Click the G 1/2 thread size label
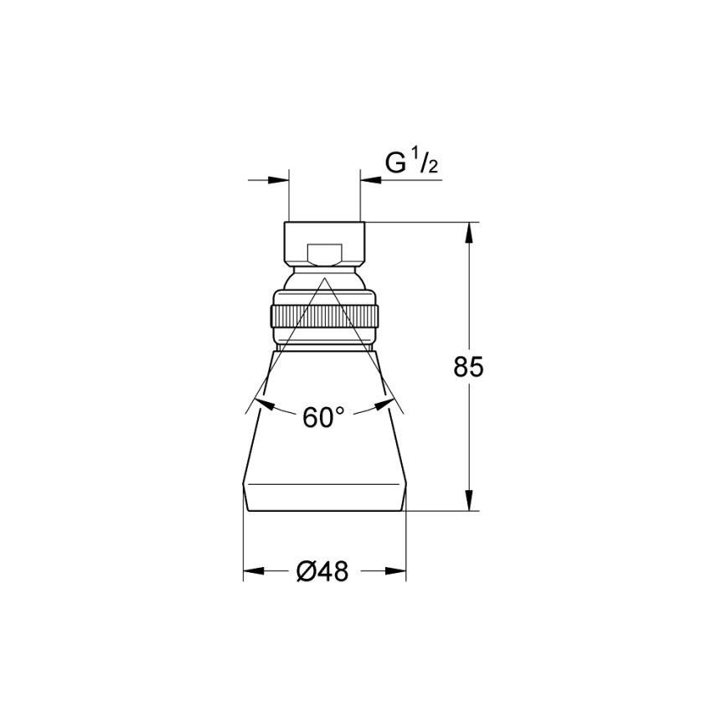coord(411,163)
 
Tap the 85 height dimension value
coord(469,367)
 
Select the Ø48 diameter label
coord(322,572)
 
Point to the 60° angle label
coord(323,417)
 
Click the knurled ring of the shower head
coord(325,317)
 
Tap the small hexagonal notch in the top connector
coord(325,254)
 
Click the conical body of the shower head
coord(325,452)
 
